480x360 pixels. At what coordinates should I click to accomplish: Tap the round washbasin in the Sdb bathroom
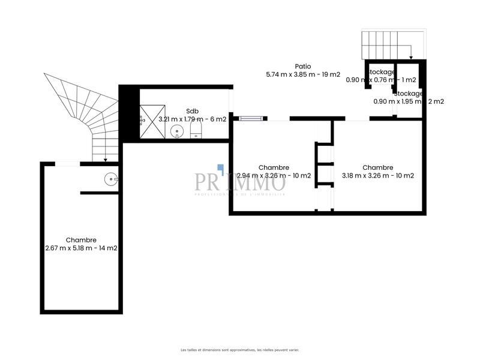click(176, 131)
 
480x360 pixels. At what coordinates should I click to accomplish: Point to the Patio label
click(302, 67)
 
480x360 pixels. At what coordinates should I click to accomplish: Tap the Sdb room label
click(192, 111)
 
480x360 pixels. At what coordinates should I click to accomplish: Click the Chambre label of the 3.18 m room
click(378, 167)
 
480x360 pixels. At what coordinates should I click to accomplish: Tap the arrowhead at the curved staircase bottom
click(105, 160)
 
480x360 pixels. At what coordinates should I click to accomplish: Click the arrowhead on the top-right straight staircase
click(411, 58)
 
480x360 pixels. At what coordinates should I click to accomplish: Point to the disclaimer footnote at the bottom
click(240, 350)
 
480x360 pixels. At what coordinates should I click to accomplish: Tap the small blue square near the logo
click(220, 169)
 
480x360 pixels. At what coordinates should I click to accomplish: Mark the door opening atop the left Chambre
click(67, 164)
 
